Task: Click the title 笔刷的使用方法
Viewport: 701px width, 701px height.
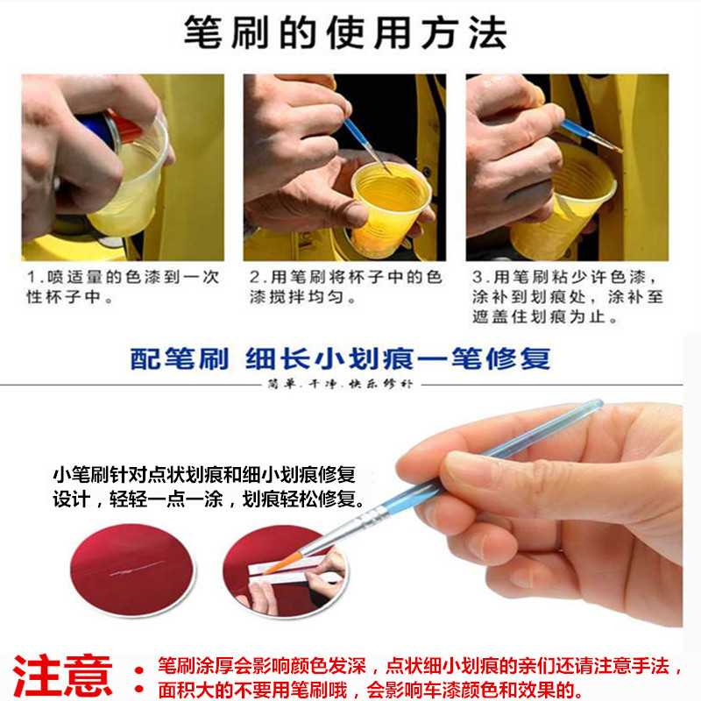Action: (x=345, y=32)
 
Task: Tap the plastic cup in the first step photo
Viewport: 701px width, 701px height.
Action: (x=131, y=179)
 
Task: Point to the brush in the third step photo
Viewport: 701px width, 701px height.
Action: (x=591, y=135)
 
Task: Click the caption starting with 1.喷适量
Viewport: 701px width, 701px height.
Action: (x=123, y=287)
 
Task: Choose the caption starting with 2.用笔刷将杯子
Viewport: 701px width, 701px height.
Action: (x=345, y=287)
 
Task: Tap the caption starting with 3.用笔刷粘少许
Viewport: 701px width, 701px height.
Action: (x=568, y=297)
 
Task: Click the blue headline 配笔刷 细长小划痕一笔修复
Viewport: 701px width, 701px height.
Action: (x=340, y=358)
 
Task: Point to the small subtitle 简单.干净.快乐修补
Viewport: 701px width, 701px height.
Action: (x=340, y=384)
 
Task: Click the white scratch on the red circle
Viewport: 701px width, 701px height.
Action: (x=137, y=568)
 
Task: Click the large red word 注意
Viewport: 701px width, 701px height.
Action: (x=62, y=676)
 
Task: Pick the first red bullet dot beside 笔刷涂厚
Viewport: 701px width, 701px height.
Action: (x=139, y=669)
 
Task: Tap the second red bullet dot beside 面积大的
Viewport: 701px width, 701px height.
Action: (x=139, y=690)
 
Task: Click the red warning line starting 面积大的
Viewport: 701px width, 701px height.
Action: (x=370, y=690)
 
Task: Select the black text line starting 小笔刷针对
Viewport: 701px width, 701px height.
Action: (x=205, y=474)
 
